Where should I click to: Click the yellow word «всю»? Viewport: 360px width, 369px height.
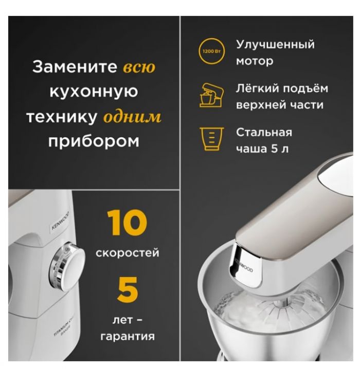(x=139, y=68)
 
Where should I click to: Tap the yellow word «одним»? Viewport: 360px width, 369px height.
(x=132, y=117)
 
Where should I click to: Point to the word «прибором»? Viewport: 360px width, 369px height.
(x=94, y=141)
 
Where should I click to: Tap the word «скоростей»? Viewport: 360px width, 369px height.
(x=127, y=253)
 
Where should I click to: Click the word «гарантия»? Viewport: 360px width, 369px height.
(x=127, y=337)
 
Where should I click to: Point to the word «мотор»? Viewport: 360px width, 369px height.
(x=255, y=61)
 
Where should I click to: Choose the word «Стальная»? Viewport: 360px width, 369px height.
(x=264, y=132)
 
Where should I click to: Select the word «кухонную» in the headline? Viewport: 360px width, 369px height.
(x=94, y=93)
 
